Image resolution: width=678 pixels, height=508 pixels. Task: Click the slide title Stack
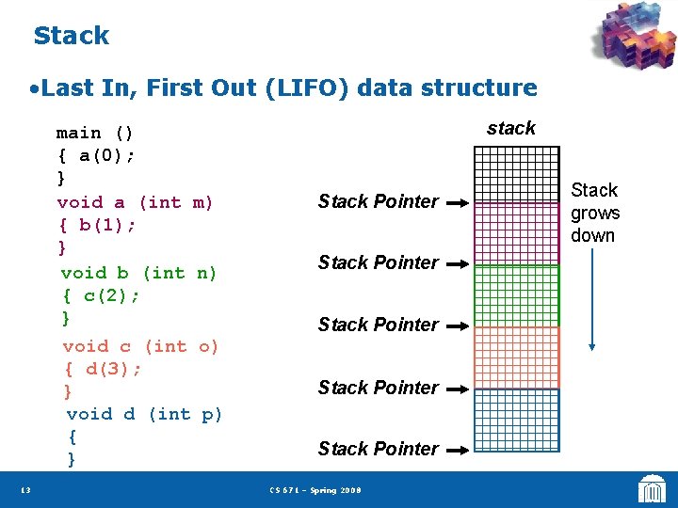click(71, 36)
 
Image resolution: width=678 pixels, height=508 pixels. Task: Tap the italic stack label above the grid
click(511, 128)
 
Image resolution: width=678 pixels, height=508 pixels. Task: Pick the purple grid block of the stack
click(516, 233)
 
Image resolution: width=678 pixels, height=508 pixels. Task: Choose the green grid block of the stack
click(516, 295)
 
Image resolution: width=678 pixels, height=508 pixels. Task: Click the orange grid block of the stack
click(516, 357)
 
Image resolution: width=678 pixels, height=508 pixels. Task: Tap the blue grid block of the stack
click(516, 420)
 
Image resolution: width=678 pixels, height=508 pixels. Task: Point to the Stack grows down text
click(594, 213)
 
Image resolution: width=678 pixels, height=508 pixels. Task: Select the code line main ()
click(95, 133)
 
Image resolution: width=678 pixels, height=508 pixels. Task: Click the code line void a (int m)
click(136, 202)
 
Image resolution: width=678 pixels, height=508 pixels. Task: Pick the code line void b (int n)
click(138, 273)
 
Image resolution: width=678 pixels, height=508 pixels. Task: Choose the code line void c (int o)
click(140, 346)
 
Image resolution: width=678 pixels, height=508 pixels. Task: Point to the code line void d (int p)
click(144, 414)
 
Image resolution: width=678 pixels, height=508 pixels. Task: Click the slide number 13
click(24, 490)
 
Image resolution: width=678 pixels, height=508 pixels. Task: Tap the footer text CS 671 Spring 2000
click(315, 490)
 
